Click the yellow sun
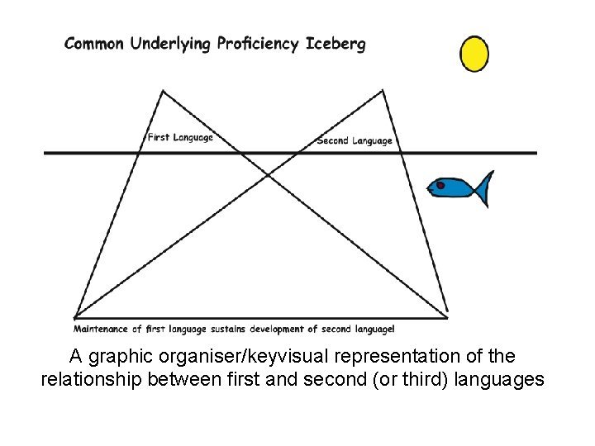tap(474, 54)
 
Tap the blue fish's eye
tap(440, 186)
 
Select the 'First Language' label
tap(180, 137)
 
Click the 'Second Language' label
tap(355, 140)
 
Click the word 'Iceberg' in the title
tap(335, 44)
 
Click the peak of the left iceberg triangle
tap(163, 91)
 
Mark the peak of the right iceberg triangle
tap(383, 91)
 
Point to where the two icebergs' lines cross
tap(268, 175)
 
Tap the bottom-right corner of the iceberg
tap(448, 316)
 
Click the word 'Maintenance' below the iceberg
tap(101, 329)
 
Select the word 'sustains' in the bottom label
tap(233, 329)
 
